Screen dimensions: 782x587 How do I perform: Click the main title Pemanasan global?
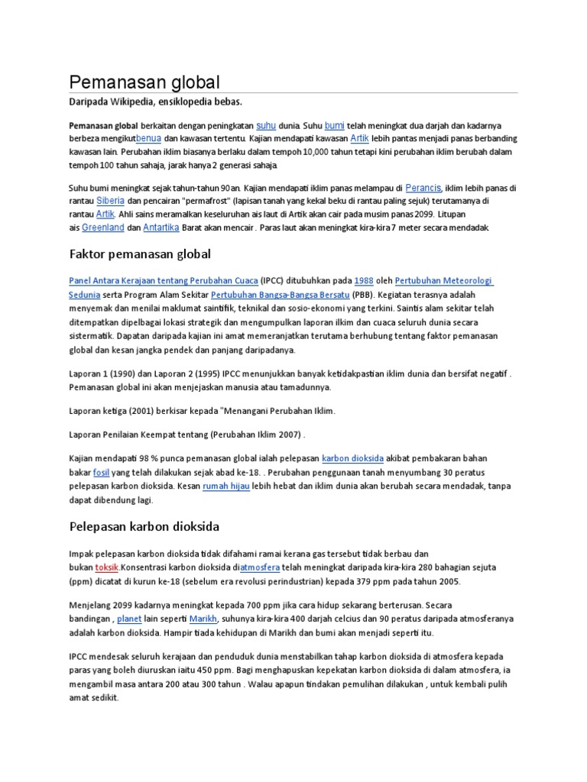(x=144, y=82)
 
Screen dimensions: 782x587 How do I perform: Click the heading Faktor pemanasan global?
(x=140, y=254)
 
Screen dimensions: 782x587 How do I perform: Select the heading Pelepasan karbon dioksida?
(x=144, y=526)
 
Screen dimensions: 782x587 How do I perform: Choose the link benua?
(x=148, y=138)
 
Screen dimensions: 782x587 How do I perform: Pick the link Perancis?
(x=423, y=186)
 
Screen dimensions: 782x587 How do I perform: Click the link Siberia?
(x=110, y=200)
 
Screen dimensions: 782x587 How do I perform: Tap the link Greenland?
(x=102, y=228)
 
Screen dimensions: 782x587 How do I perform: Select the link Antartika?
(x=161, y=228)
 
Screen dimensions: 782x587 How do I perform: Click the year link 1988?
(x=364, y=280)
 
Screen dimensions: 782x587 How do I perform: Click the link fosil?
(x=101, y=473)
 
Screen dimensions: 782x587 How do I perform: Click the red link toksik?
(x=106, y=567)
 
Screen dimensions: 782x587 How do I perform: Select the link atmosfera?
(x=261, y=567)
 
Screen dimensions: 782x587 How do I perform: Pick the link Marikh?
(x=203, y=618)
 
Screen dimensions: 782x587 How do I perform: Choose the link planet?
(x=129, y=618)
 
